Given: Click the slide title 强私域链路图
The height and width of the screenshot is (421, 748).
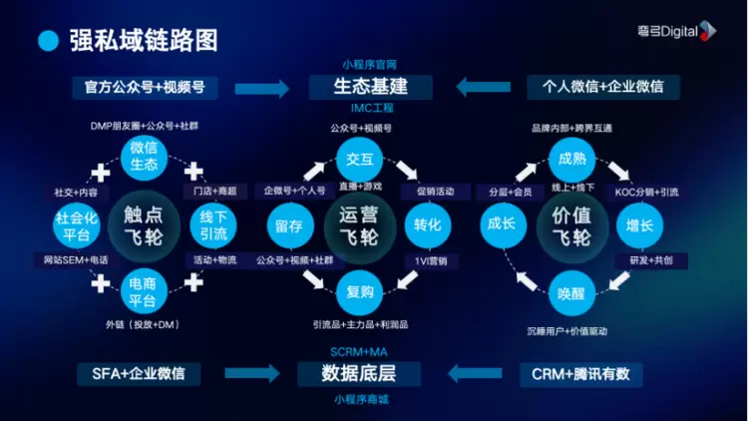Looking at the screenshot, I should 143,41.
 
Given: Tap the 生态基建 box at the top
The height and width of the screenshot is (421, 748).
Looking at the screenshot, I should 370,87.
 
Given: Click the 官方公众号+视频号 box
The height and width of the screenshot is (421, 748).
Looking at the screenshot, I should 145,87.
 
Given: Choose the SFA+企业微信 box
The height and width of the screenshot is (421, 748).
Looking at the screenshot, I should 139,374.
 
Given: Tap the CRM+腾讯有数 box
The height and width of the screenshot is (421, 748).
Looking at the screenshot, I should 581,374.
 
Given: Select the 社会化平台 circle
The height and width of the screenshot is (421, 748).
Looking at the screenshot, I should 75,226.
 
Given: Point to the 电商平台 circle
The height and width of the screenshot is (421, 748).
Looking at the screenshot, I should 144,293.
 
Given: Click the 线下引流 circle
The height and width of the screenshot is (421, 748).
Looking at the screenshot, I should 213,225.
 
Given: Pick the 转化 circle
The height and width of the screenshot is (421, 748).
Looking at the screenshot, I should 428,225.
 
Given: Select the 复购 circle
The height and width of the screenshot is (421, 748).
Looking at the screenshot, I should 359,292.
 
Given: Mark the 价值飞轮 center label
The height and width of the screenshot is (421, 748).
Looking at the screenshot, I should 571,225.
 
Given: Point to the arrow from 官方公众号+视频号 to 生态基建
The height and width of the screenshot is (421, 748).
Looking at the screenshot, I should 262,87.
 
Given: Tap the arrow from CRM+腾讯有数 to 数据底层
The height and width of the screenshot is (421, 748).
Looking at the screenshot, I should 474,374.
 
